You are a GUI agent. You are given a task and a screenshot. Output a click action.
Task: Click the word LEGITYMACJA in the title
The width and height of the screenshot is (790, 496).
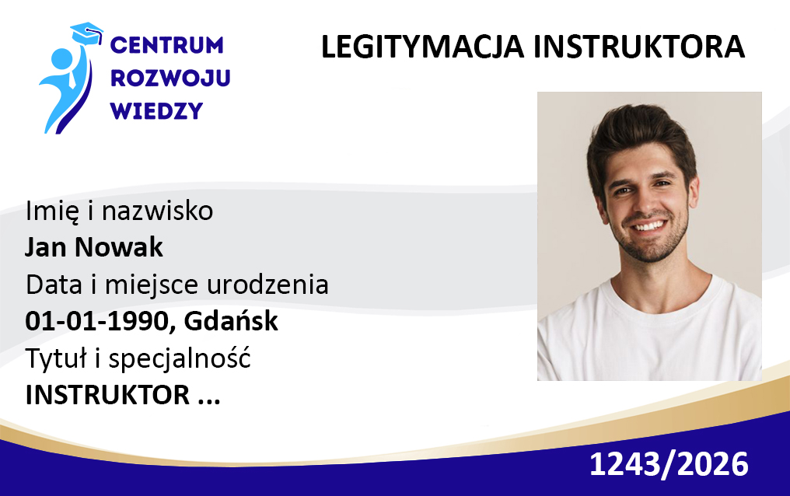pyautogui.click(x=424, y=47)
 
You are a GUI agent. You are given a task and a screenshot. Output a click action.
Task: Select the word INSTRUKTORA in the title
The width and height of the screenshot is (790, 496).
pyautogui.click(x=639, y=47)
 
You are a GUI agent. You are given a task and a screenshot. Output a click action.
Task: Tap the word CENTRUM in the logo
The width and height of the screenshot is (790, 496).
pyautogui.click(x=166, y=45)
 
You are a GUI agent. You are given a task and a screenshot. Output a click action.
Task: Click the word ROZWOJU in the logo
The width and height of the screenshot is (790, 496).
pyautogui.click(x=170, y=78)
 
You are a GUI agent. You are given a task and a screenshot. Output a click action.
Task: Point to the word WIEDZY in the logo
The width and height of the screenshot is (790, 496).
pyautogui.click(x=156, y=110)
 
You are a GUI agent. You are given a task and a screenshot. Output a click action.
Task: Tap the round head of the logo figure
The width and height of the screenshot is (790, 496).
pyautogui.click(x=63, y=59)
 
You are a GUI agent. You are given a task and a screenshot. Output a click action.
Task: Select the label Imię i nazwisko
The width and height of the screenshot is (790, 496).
pyautogui.click(x=120, y=211)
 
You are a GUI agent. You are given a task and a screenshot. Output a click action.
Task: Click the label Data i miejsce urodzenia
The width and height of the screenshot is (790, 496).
pyautogui.click(x=177, y=285)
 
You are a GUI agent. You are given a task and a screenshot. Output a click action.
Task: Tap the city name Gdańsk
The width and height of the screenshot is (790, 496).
pyautogui.click(x=231, y=321)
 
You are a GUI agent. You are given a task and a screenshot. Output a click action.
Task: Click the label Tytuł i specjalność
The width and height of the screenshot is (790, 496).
pyautogui.click(x=138, y=358)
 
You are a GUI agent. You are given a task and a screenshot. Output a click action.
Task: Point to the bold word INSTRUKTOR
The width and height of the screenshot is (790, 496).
pyautogui.click(x=107, y=395)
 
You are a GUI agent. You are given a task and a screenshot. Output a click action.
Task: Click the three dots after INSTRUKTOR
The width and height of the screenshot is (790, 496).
pyautogui.click(x=209, y=402)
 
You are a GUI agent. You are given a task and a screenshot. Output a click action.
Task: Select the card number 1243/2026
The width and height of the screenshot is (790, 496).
pyautogui.click(x=669, y=464)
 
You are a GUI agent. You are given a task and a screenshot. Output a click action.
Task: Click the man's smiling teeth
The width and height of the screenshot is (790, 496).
pyautogui.click(x=648, y=225)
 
